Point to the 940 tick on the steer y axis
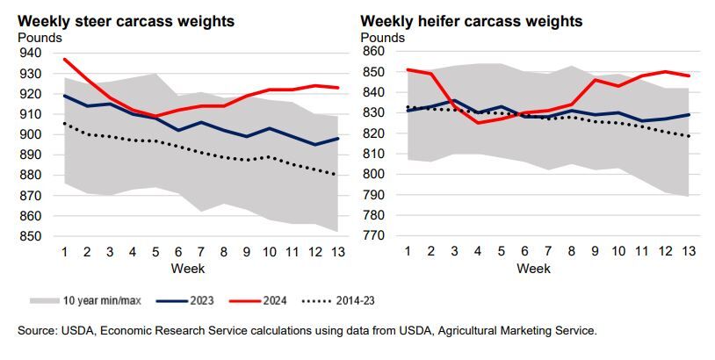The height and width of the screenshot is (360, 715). point(29,53)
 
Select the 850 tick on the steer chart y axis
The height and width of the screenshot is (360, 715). point(29,236)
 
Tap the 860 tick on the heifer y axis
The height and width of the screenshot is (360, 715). point(373,52)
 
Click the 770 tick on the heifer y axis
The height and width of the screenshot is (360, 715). point(373,235)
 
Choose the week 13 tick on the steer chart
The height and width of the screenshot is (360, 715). point(336,251)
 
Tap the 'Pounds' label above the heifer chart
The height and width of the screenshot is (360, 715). point(383,38)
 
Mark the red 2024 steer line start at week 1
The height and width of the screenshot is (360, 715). point(64,59)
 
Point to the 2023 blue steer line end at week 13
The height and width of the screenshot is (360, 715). point(336,139)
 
